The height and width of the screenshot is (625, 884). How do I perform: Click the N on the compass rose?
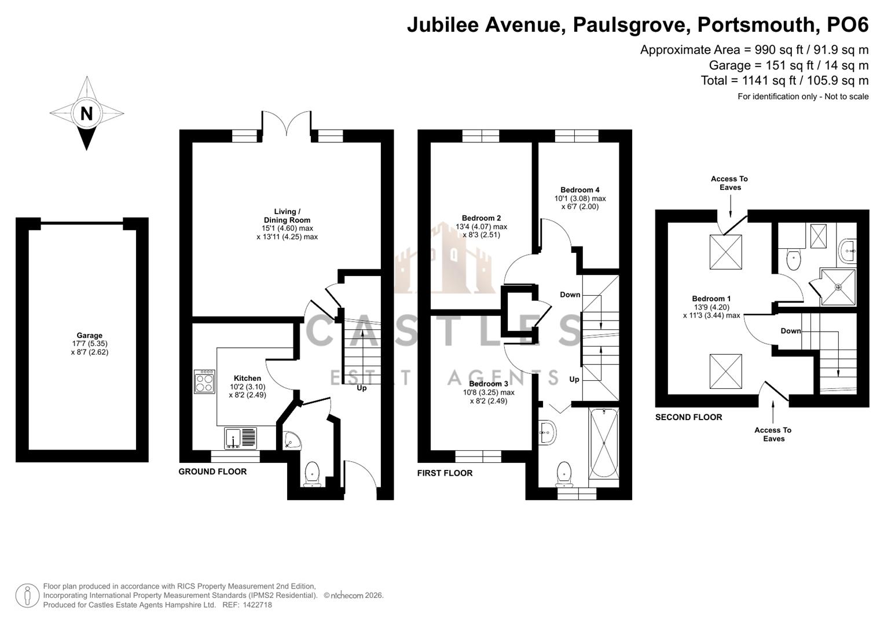coord(86,113)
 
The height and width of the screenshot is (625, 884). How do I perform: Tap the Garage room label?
coord(89,336)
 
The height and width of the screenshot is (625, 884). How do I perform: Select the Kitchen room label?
coord(247,378)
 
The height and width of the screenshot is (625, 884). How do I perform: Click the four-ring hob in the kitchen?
coord(204,381)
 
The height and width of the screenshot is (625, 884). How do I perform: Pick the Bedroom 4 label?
coord(579,190)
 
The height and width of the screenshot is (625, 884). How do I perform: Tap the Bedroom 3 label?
coord(488,384)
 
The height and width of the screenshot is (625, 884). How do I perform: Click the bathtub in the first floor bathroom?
coord(604,447)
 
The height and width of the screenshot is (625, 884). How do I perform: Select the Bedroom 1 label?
coord(711,299)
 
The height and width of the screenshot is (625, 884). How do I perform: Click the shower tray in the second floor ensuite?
coord(838,286)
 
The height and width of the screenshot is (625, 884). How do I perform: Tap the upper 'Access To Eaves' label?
coord(729,183)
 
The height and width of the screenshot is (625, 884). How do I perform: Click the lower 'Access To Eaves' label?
coord(773,434)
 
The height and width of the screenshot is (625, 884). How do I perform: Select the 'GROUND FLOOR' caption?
coord(212,472)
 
